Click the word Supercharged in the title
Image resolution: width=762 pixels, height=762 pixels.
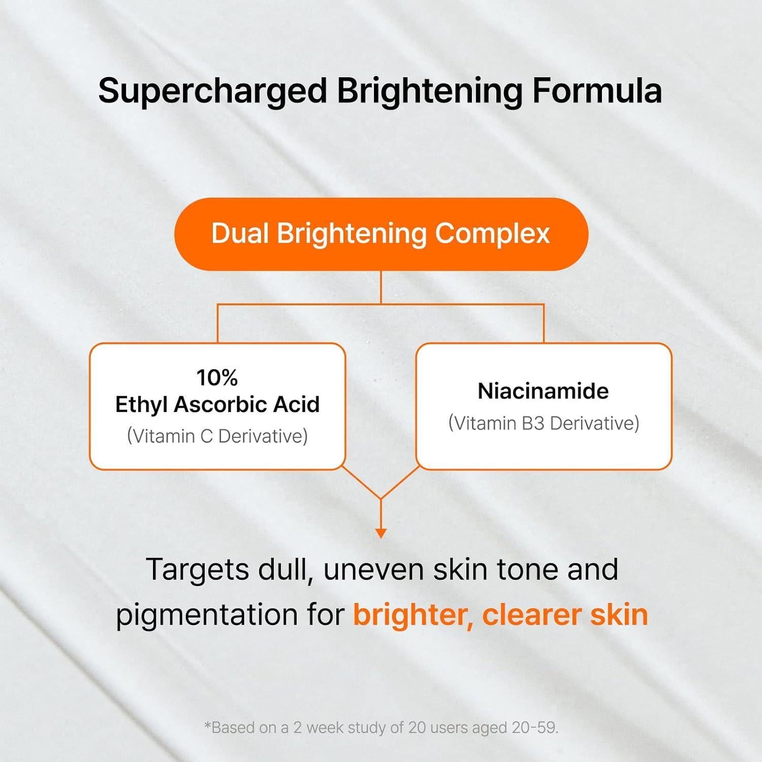212,91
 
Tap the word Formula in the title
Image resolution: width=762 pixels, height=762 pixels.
597,91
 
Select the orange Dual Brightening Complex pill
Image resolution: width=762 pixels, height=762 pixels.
381,234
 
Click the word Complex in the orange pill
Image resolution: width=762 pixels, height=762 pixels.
492,234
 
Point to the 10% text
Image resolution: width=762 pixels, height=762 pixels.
217,377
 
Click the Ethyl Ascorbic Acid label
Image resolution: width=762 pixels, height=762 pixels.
217,405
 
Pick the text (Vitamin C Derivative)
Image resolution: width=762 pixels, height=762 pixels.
217,436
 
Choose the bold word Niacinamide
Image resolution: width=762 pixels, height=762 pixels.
543,391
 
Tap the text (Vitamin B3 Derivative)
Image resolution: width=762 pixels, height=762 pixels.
544,423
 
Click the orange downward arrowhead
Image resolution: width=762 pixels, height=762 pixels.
381,533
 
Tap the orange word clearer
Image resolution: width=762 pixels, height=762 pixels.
531,615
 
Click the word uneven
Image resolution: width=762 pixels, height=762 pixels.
374,569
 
